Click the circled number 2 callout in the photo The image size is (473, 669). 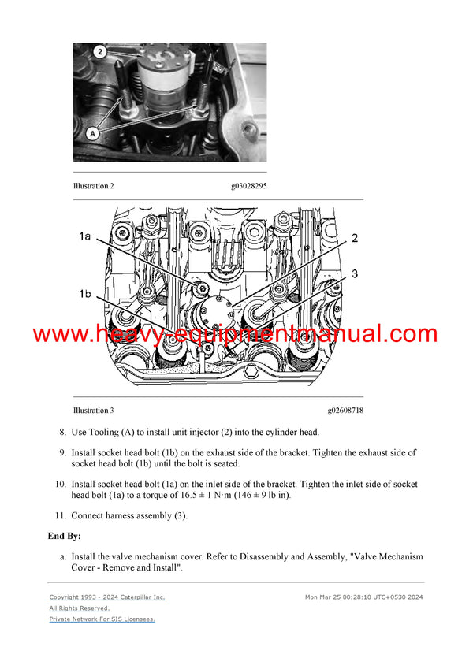coord(100,52)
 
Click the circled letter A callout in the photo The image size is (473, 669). coord(92,134)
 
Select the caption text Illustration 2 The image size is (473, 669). coord(93,186)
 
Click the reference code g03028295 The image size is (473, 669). coord(248,186)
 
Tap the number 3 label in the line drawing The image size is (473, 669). coord(355,273)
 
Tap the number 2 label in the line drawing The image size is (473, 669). coord(355,237)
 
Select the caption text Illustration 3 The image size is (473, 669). coord(93,411)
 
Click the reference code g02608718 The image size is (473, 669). coord(345,411)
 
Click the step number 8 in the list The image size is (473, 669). coord(63,433)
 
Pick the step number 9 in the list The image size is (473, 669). coord(63,453)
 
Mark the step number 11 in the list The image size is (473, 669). coord(60,515)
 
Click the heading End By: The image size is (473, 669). coord(65,536)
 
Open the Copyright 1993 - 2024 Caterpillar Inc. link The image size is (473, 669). coord(107,597)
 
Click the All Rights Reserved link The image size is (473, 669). coord(79,608)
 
